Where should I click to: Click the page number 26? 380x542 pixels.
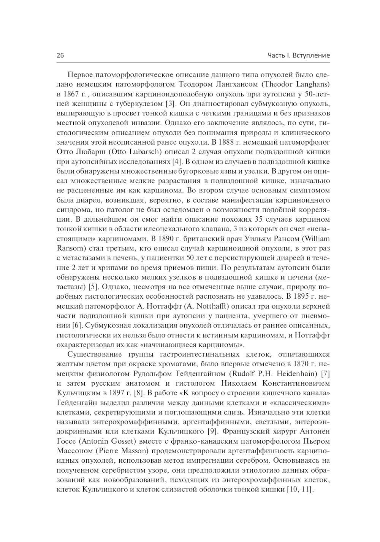tap(60, 55)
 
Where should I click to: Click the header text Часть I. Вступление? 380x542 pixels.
tap(299, 55)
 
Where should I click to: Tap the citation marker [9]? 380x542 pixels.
tap(211, 431)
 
